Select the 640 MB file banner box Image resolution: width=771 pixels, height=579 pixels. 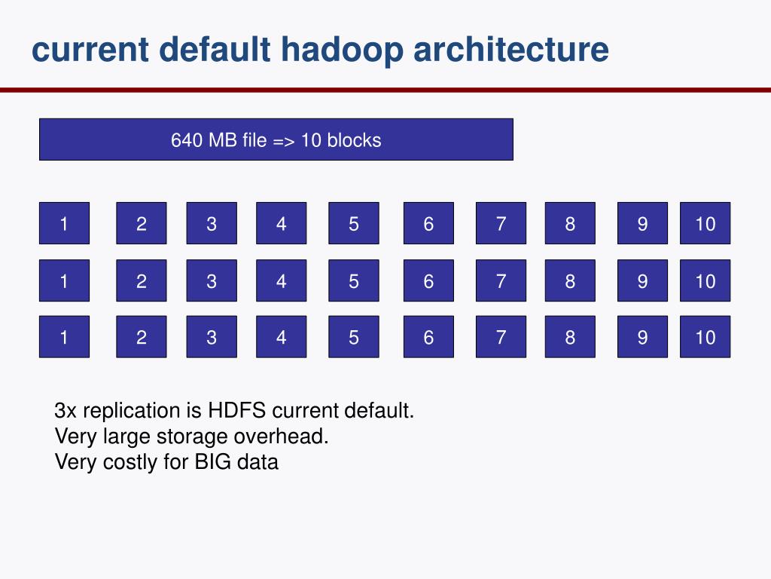point(276,139)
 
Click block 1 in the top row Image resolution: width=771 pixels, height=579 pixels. point(64,223)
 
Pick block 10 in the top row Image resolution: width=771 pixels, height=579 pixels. point(705,223)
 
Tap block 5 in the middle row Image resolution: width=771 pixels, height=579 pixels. point(353,280)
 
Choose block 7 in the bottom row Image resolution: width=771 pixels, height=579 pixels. point(501,336)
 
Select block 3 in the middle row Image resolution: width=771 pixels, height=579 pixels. point(212,280)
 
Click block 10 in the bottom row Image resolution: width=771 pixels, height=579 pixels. point(705,336)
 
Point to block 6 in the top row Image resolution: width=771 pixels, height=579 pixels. point(428,223)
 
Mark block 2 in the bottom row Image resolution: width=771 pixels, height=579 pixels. point(141,336)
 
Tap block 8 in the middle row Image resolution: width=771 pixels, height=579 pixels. point(570,280)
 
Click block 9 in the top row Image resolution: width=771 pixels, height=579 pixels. point(642,223)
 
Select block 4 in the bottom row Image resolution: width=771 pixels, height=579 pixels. point(281,336)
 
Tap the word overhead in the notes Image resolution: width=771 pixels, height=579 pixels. point(282,437)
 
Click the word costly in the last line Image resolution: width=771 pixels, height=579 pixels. point(130,461)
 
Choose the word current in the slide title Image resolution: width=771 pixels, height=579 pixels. point(88,50)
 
